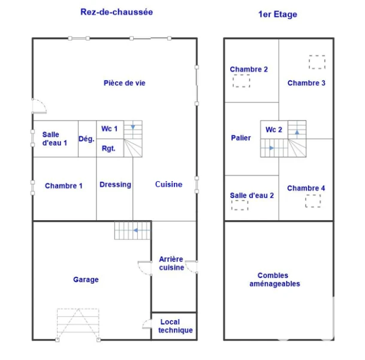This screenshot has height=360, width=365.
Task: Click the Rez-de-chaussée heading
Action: point(117,12)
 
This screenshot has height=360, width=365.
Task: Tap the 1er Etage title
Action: point(277,14)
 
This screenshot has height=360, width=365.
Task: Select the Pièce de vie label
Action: point(125,83)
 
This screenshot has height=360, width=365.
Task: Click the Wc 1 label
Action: point(110,128)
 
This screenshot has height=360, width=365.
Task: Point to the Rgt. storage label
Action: point(108,148)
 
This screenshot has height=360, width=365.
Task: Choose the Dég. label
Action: point(86,139)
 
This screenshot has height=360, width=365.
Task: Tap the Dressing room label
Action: point(115,185)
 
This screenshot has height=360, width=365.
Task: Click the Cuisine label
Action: point(169,184)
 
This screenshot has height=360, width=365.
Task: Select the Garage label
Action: point(86,280)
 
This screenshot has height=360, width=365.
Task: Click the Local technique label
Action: point(175,326)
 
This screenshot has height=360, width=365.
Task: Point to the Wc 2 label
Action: point(274,130)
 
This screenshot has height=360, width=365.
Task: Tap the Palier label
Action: point(241,138)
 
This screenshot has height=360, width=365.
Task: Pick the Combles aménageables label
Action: point(274,280)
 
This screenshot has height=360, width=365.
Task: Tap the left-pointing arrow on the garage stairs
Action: point(142,230)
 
